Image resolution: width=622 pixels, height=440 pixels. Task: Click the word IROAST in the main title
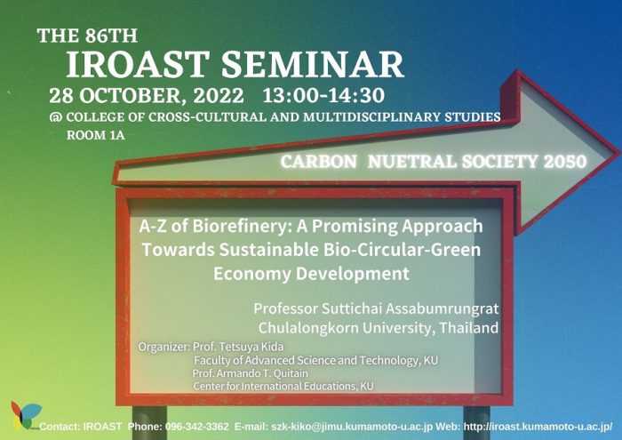[x=138, y=64]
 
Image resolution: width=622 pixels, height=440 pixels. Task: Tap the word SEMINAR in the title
[x=313, y=64]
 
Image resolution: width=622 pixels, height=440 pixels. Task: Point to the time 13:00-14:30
[x=323, y=96]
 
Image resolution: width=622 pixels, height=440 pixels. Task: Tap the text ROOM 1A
[x=96, y=135]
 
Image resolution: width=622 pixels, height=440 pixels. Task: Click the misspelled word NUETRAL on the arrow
[x=411, y=162]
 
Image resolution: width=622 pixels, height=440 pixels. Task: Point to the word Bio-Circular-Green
[x=402, y=250]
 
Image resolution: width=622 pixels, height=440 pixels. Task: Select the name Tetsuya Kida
[x=251, y=347]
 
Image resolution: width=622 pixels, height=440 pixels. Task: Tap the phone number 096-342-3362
[x=196, y=427]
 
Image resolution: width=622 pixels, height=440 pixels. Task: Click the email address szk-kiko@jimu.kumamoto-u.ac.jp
[x=352, y=427]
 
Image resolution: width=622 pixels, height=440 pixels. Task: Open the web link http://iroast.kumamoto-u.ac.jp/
[x=538, y=427]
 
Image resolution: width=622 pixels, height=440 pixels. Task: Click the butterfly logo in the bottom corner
[x=26, y=415]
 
